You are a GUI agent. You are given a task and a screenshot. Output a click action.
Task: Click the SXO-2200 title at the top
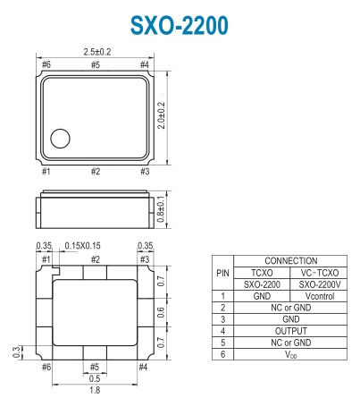click(180, 25)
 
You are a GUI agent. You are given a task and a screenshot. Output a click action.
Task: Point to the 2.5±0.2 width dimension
click(97, 52)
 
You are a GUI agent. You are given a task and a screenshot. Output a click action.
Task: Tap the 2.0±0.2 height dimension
click(161, 115)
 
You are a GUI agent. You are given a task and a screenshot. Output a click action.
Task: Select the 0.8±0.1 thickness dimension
click(161, 209)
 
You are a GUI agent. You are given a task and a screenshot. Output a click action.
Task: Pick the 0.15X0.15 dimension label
click(83, 246)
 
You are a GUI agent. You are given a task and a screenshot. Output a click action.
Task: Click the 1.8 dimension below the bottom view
click(95, 390)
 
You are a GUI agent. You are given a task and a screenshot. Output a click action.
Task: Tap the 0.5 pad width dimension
click(95, 378)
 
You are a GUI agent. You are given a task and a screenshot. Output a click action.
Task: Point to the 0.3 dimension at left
click(17, 352)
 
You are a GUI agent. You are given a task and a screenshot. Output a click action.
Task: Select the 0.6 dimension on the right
click(161, 312)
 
